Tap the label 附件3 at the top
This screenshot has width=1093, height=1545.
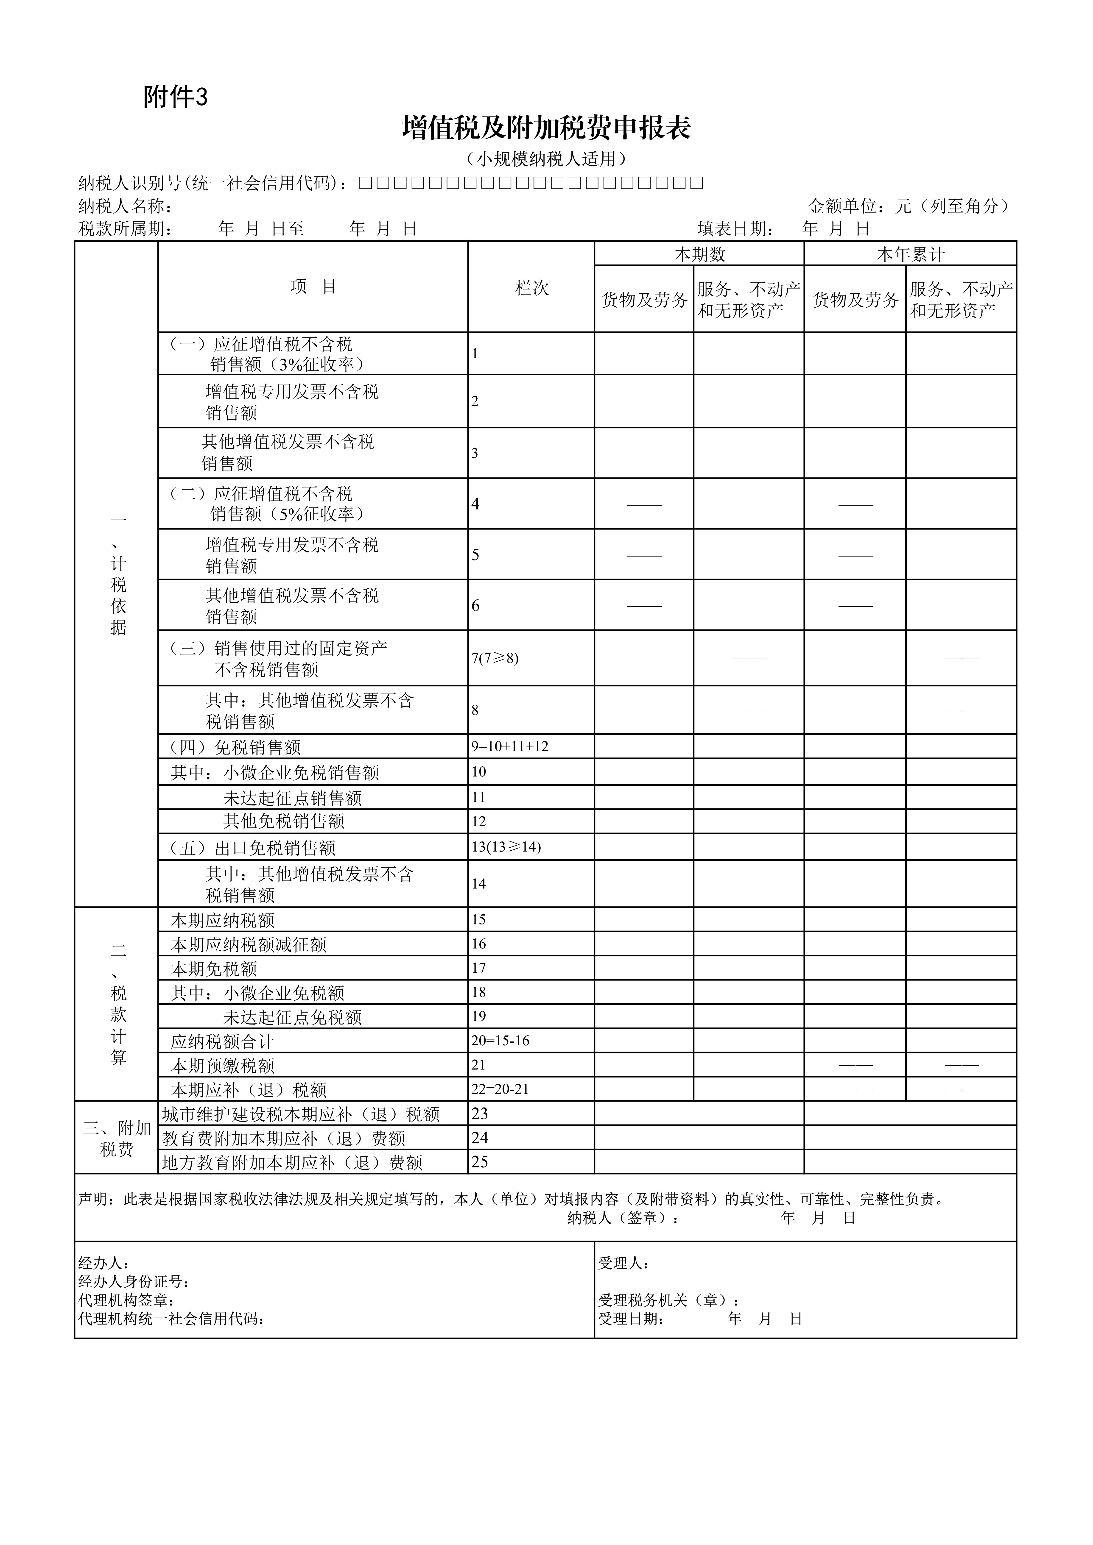(175, 98)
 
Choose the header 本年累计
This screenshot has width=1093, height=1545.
(910, 254)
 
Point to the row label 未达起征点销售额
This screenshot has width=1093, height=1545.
(293, 798)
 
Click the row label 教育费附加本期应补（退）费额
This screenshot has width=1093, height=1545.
(283, 1139)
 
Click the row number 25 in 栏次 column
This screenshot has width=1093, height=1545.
(480, 1162)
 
